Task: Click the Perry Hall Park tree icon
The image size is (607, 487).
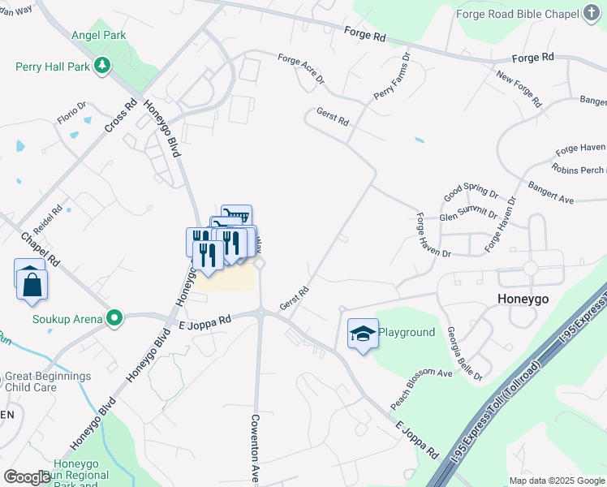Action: pyautogui.click(x=103, y=66)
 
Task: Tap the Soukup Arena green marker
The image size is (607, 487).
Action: pyautogui.click(x=115, y=317)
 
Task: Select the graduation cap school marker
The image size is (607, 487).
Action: pyautogui.click(x=363, y=333)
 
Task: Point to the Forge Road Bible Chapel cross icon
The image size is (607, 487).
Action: pyautogui.click(x=592, y=14)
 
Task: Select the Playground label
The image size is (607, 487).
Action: pyautogui.click(x=407, y=333)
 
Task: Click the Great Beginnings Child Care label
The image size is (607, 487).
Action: pyautogui.click(x=48, y=382)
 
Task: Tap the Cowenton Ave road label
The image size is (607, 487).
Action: pyautogui.click(x=254, y=447)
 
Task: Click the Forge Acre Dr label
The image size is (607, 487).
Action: pyautogui.click(x=300, y=70)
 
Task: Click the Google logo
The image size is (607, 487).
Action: pyautogui.click(x=27, y=477)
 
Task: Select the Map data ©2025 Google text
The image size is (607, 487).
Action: pyautogui.click(x=556, y=481)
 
